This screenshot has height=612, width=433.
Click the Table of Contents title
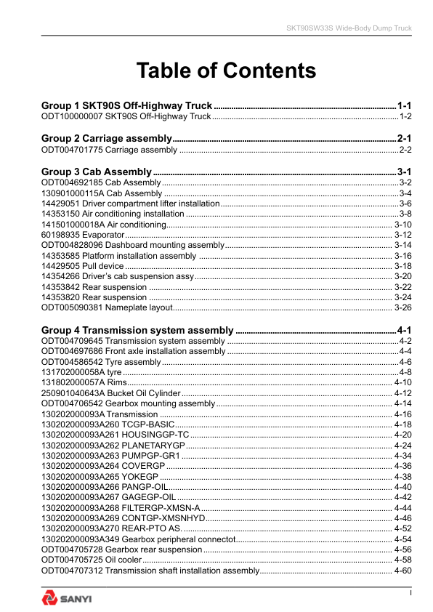point(226,71)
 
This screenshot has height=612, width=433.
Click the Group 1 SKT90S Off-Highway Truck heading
point(127,105)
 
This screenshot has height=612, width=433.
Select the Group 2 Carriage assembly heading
point(106,138)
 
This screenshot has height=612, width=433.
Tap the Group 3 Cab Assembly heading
point(97,172)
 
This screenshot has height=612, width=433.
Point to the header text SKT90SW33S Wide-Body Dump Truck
point(348,28)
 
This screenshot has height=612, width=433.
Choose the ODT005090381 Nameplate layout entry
point(107,307)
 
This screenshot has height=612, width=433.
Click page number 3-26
point(402,307)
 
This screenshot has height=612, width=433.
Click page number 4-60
point(402,571)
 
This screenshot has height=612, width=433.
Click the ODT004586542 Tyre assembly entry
point(101,361)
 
